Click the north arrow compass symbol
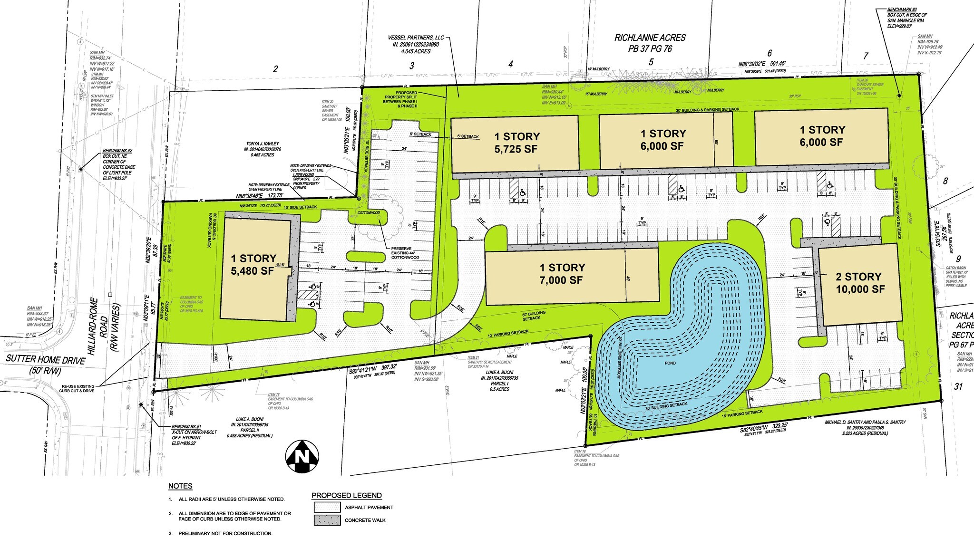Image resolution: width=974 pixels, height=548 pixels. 302,456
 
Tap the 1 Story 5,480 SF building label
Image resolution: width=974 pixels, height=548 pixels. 253,265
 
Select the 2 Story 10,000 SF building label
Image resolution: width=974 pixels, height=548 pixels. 860,283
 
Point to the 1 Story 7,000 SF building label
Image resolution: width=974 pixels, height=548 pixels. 562,274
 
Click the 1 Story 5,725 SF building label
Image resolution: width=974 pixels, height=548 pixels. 516,143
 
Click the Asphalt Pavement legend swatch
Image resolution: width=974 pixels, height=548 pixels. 327,507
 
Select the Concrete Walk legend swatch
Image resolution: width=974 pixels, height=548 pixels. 327,520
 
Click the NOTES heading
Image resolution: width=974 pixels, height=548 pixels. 180,486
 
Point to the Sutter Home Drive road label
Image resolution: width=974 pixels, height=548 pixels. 46,360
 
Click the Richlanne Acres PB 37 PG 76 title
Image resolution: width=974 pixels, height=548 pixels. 650,43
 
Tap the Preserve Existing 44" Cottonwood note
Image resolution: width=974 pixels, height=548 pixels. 405,253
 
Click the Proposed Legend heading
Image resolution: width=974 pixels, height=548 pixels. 346,495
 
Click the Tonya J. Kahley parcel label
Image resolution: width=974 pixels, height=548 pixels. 263,144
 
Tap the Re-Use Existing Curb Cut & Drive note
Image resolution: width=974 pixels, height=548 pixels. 78,388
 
